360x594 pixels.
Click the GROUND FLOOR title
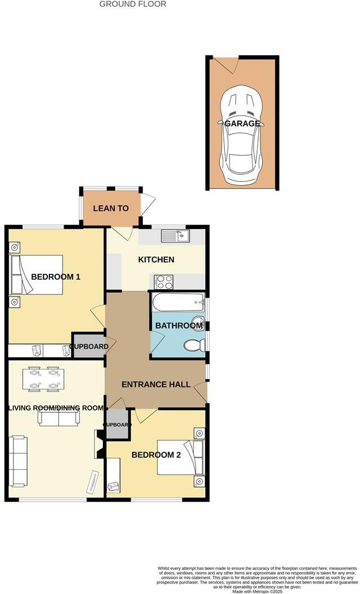point(133,4)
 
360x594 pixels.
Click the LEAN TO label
point(111,208)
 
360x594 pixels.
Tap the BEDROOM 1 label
point(56,277)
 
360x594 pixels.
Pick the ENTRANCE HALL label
point(156,384)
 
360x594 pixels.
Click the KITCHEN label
point(156,259)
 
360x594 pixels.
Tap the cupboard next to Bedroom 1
point(89,346)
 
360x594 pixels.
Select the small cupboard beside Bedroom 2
point(118,425)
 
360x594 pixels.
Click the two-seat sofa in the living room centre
point(58,417)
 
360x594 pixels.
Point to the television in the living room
point(92,482)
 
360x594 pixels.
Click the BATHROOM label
point(179,326)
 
